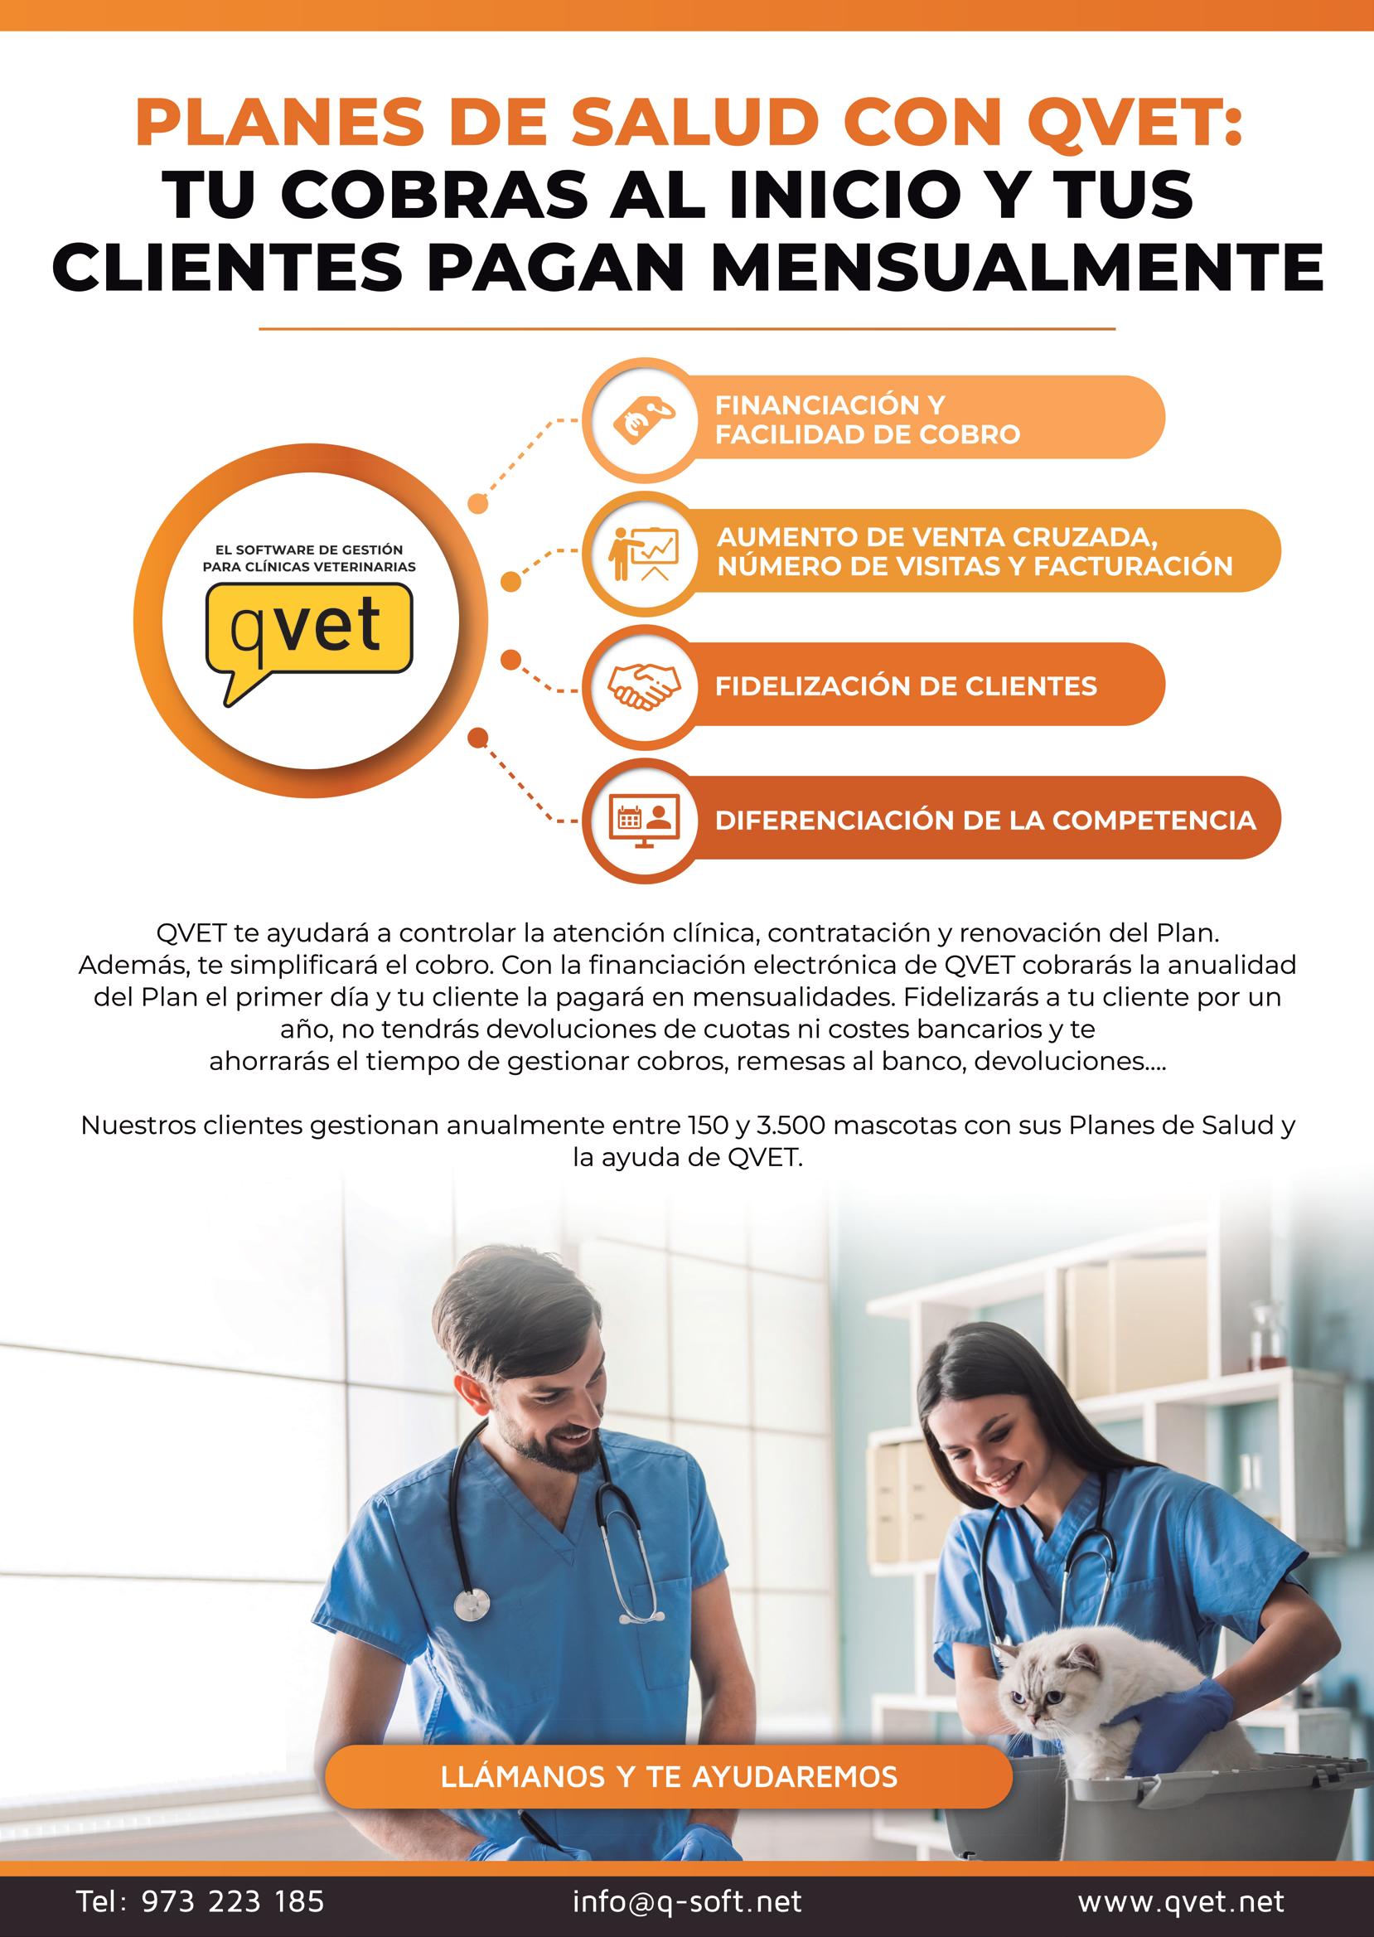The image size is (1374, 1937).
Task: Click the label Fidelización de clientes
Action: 905,685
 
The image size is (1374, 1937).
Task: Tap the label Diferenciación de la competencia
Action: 985,820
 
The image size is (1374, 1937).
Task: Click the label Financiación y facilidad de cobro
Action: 867,419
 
